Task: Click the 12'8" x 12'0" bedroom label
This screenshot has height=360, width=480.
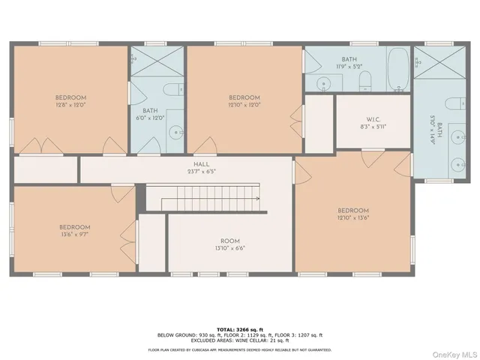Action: point(70,102)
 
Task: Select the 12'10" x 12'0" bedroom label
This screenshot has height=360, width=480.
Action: point(244,102)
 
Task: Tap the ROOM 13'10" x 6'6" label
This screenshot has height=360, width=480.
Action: point(229,244)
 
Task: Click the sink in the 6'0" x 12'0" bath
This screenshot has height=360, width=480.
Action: point(174,135)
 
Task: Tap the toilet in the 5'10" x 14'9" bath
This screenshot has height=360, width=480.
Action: point(451,103)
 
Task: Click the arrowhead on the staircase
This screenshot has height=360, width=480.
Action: point(256,199)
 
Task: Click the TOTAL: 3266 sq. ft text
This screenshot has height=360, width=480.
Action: point(239,329)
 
